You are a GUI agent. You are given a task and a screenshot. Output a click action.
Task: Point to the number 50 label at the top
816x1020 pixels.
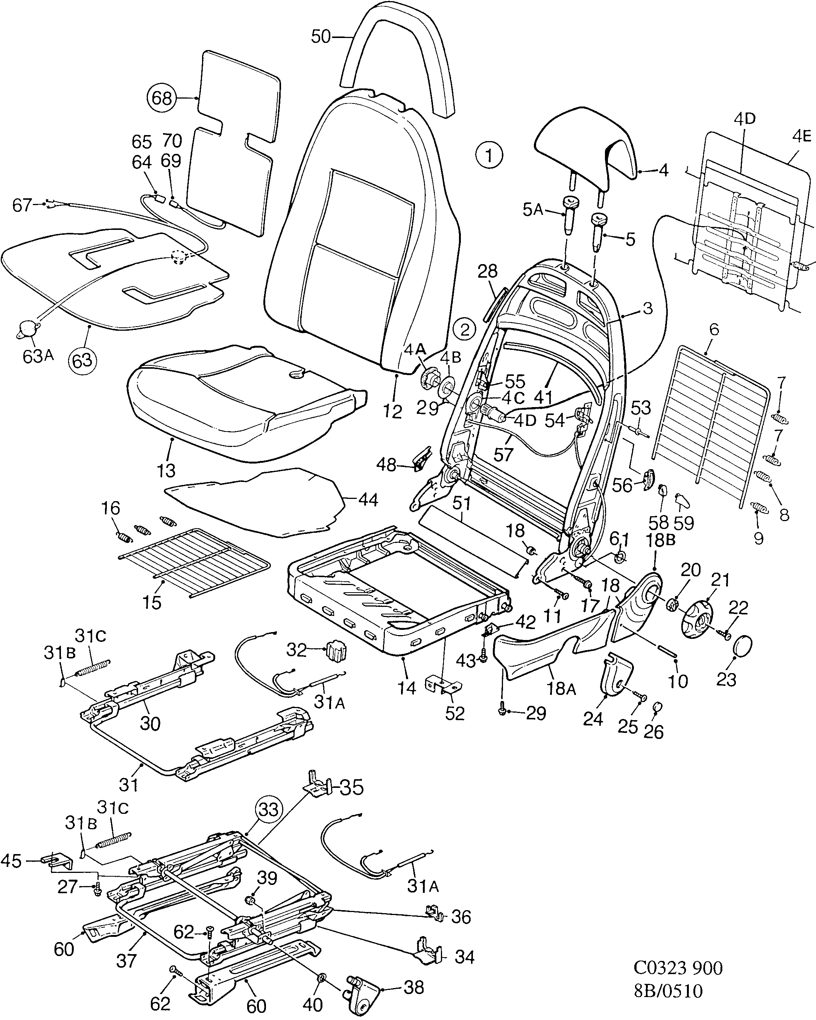321,36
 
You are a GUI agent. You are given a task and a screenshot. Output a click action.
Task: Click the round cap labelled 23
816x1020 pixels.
743,645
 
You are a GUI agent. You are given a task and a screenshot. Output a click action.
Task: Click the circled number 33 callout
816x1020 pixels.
268,810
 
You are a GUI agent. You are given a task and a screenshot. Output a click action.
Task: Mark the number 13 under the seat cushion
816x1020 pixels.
166,470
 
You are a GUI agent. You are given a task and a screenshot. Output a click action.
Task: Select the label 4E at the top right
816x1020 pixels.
801,137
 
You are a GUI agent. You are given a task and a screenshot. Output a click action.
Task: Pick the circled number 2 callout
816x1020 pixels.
465,330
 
